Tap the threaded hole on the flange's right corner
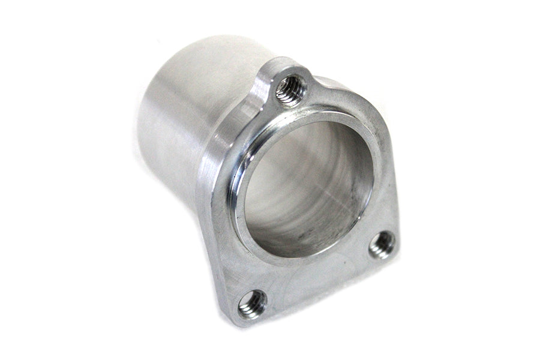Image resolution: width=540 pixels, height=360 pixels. pyautogui.click(x=382, y=244)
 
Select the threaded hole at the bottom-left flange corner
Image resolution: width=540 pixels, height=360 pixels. pyautogui.click(x=253, y=304)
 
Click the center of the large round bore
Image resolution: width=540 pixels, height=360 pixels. pyautogui.click(x=306, y=186)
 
